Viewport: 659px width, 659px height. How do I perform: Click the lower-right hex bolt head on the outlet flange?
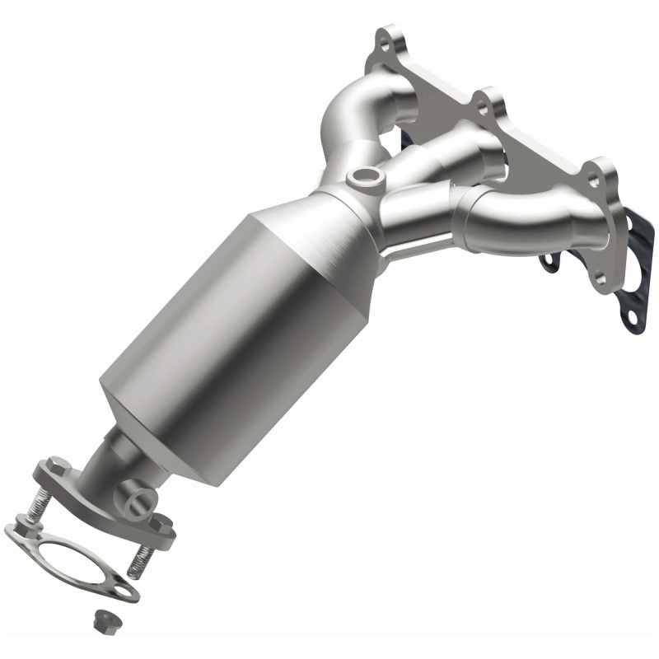(161, 522)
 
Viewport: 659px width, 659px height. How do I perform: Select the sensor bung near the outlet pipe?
(138, 498)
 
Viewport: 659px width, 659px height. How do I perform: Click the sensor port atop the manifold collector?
(363, 175)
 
